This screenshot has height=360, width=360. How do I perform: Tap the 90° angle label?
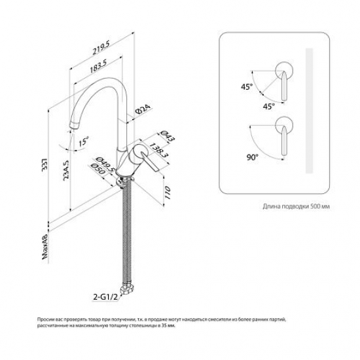pyautogui.click(x=253, y=158)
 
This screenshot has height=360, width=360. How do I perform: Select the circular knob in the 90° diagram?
pyautogui.click(x=283, y=122)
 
